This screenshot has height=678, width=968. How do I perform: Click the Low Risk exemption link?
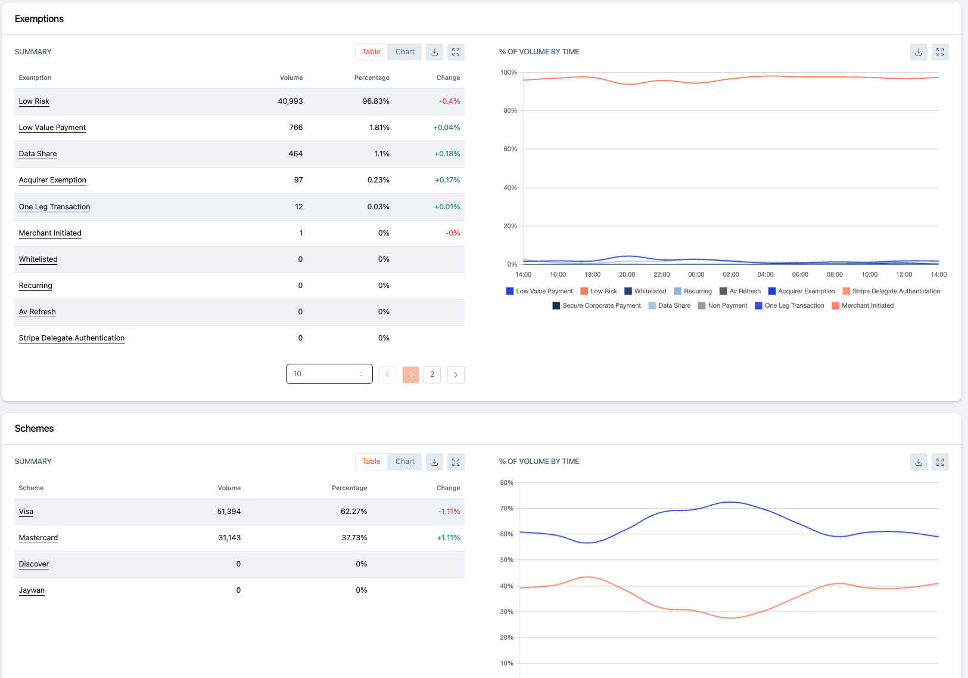point(34,101)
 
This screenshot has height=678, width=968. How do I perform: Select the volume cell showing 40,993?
point(290,101)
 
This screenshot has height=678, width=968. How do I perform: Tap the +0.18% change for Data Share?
point(447,154)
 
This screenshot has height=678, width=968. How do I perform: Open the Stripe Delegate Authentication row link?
point(71,338)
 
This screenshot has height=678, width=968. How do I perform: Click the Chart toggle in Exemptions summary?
point(405,52)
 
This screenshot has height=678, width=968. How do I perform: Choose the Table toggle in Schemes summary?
point(371,462)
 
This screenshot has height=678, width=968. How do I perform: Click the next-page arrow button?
point(456,374)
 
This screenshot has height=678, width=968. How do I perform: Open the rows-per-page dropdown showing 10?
point(329,374)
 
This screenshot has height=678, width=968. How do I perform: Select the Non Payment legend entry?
point(723,305)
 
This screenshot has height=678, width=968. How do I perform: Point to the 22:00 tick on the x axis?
point(661,274)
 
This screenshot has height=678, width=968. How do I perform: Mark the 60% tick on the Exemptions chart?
point(510,149)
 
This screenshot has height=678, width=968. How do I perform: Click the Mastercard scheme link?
point(38,538)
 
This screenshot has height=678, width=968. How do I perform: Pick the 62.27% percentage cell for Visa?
point(353,512)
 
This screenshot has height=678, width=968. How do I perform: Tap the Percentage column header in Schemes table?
point(349,488)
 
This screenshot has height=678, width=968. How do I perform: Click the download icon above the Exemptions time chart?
point(919,52)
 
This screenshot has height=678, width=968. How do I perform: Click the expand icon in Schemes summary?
point(456,462)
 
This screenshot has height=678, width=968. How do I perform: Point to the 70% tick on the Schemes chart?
point(506,509)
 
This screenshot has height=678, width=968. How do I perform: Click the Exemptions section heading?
point(39,18)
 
